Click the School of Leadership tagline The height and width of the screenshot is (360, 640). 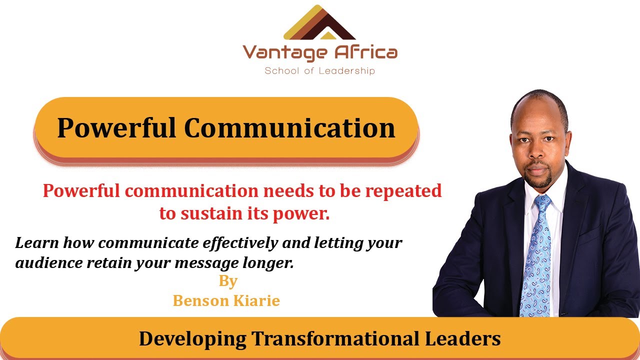319,70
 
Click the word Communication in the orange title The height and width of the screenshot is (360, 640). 289,127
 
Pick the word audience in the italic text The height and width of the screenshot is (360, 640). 46,263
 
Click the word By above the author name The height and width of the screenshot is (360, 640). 227,281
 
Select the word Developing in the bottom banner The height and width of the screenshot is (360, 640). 192,338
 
